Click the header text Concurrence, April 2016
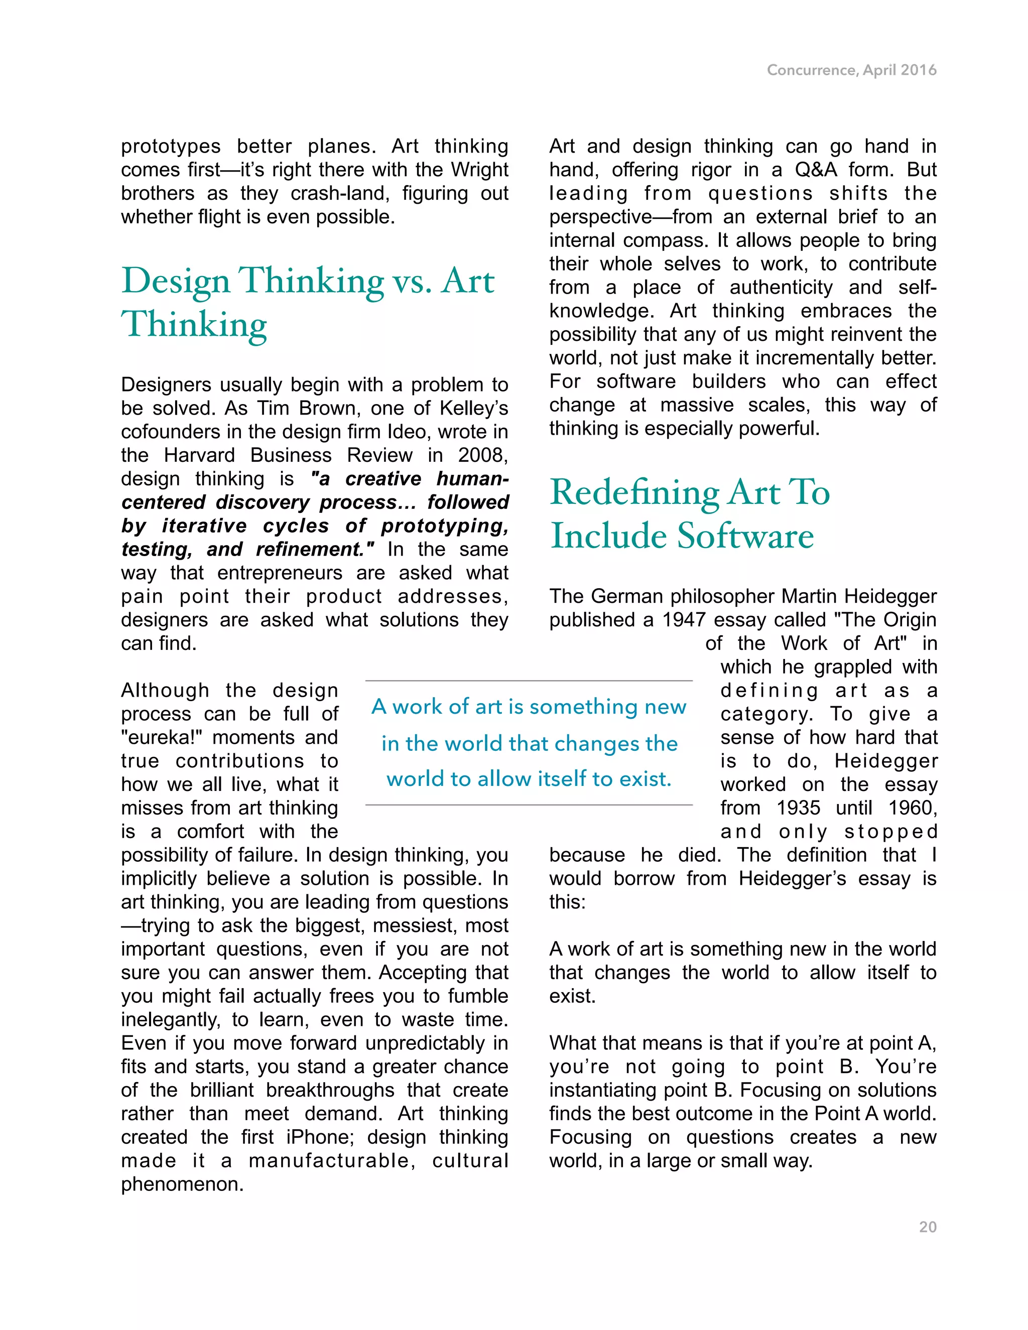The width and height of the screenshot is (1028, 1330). (851, 70)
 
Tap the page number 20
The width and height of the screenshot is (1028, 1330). (928, 1227)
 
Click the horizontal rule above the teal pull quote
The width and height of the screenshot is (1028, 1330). (529, 681)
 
